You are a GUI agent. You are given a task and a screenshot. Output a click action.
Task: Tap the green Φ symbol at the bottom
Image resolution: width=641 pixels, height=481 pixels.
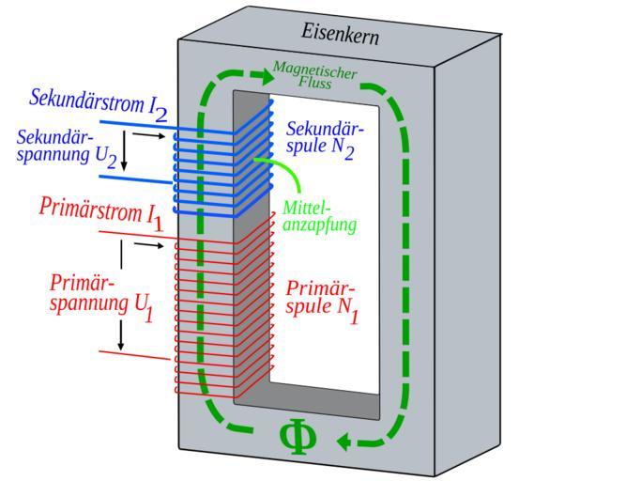pyautogui.click(x=298, y=438)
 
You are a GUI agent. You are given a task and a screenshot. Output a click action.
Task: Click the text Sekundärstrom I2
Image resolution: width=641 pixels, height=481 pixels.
pyautogui.click(x=99, y=102)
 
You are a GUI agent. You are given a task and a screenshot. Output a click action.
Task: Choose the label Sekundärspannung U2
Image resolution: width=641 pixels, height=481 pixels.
pyautogui.click(x=68, y=147)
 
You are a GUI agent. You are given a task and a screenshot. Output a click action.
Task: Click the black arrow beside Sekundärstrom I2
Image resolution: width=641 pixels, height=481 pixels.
pyautogui.click(x=147, y=135)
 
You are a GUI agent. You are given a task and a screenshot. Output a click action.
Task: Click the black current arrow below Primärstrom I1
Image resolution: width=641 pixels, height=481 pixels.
pyautogui.click(x=147, y=245)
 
